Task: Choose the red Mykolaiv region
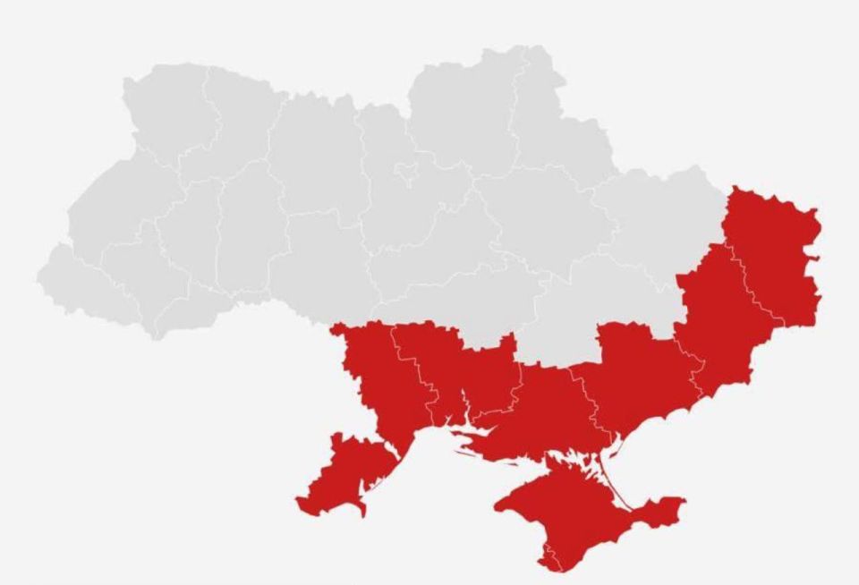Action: coord(465,376)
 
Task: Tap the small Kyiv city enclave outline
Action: coord(405,170)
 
